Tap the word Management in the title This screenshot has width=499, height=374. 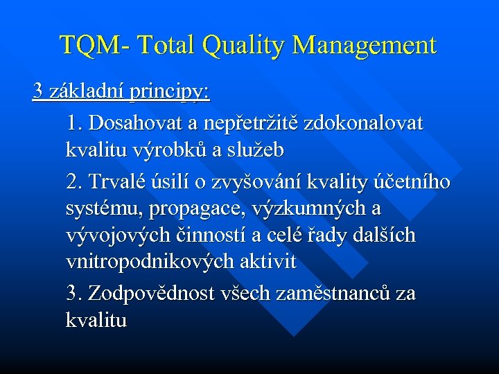pyautogui.click(x=365, y=46)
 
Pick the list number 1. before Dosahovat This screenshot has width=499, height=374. pyautogui.click(x=75, y=125)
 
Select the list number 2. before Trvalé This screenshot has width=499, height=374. pyautogui.click(x=75, y=182)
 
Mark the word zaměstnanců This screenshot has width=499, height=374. pyautogui.click(x=315, y=294)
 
